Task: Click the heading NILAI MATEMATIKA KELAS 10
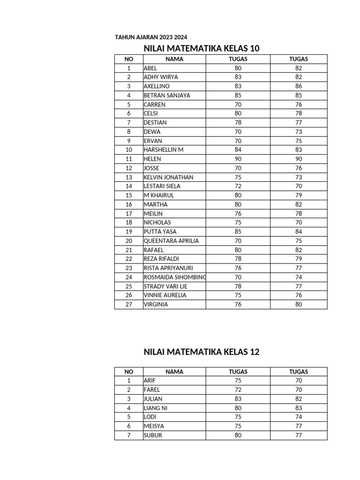coord(202,48)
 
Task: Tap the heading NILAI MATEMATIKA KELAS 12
coord(202,352)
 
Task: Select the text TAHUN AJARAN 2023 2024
coord(147,37)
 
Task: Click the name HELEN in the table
coord(152,159)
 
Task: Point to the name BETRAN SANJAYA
coord(167,95)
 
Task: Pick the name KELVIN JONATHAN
coord(168,177)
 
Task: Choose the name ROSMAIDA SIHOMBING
coord(174,277)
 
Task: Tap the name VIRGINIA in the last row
coord(156,304)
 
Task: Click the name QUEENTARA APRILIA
coord(171,241)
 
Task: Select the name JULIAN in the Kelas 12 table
coord(153,399)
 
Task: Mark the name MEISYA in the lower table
coord(154,426)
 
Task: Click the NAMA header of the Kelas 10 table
coord(174,59)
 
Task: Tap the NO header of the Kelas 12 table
coord(128,372)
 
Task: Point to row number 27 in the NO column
coord(128,304)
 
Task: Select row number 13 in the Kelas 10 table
coord(128,177)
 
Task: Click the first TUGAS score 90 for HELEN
coord(238,159)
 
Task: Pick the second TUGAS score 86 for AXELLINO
coord(299,86)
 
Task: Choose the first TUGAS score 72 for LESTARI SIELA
coord(238,186)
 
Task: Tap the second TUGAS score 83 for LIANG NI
coord(299,408)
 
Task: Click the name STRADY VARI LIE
coord(165,286)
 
